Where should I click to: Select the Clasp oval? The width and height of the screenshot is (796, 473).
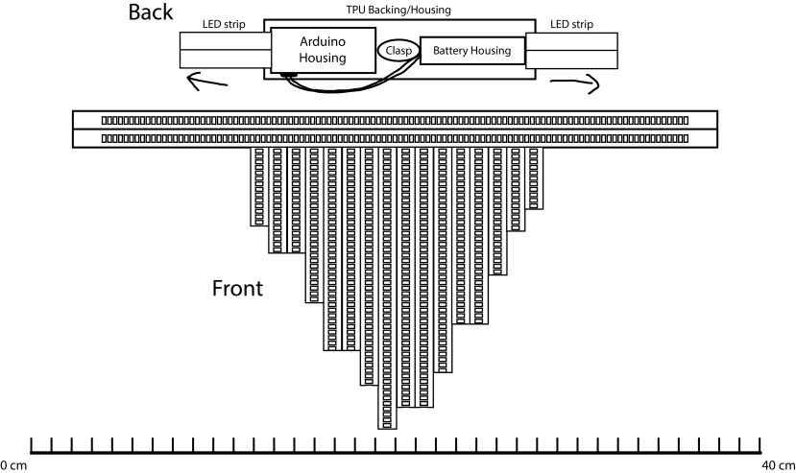pos(398,50)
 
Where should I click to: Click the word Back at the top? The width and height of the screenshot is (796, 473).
pos(150,12)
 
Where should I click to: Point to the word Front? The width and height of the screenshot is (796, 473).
pos(237,288)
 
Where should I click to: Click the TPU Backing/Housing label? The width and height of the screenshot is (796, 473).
pos(398,10)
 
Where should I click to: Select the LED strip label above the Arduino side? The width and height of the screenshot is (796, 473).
pos(224,24)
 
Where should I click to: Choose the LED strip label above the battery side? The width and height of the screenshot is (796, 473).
pos(571,24)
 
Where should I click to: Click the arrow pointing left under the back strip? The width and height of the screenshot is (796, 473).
pos(205,83)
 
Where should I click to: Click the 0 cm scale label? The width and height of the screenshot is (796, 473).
pos(13,465)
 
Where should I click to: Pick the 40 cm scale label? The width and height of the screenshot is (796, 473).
pos(779,465)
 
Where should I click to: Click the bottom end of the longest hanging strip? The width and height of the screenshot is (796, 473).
pos(387,429)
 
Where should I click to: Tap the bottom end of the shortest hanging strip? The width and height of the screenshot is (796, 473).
pos(534,208)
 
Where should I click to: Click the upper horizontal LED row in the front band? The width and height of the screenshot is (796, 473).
pos(395,120)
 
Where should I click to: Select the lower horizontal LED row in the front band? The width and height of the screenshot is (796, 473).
pos(395,138)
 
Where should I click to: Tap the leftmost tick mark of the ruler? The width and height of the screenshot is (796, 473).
pos(32,444)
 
